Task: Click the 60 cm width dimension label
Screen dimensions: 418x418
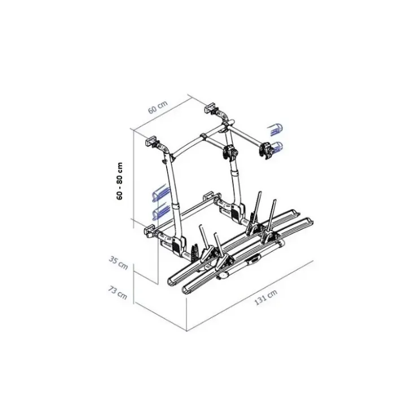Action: point(158,107)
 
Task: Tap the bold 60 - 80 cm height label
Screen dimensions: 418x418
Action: point(120,181)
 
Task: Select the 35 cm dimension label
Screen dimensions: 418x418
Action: point(119,263)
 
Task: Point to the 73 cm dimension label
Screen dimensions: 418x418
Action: point(117,293)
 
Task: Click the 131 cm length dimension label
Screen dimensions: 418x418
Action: point(266,297)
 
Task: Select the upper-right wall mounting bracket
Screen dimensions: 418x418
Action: point(211,107)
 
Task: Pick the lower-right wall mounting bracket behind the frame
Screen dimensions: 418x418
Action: point(209,196)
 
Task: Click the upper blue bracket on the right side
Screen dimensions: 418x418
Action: point(276,129)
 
